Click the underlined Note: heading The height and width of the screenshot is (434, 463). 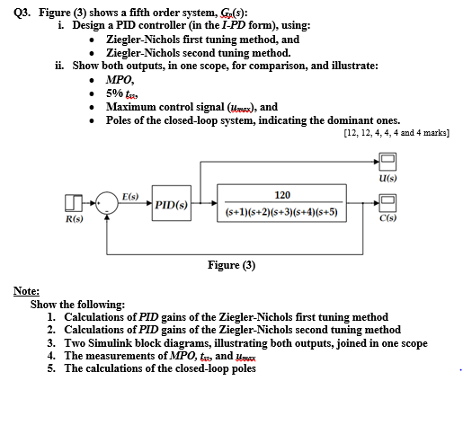click(26, 292)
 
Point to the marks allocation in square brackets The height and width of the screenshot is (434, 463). click(396, 133)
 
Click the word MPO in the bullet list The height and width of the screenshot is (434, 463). click(120, 79)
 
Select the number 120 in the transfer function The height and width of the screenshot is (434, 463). click(282, 194)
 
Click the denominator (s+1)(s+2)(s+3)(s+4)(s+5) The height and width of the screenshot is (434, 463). click(282, 213)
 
